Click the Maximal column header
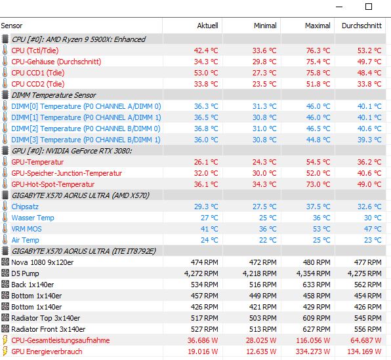[x=318, y=26]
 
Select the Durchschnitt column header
[x=361, y=26]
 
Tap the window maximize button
[x=369, y=7]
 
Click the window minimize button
[x=339, y=7]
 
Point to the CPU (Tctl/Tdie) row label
[x=35, y=50]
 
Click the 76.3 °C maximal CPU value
[x=318, y=50]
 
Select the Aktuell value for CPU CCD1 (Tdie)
[x=206, y=73]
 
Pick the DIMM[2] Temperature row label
[x=86, y=129]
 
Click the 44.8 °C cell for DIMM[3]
[x=318, y=140]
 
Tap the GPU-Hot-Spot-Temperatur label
[x=53, y=184]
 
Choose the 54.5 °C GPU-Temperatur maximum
[x=318, y=162]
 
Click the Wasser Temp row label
[x=33, y=218]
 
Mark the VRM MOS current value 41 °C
[x=209, y=229]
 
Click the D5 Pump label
[x=25, y=273]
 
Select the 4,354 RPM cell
[x=313, y=273]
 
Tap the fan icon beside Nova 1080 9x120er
[x=5, y=262]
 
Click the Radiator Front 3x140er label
[x=49, y=329]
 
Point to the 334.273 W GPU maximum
[x=313, y=351]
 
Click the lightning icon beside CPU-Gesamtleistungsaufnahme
[x=5, y=340]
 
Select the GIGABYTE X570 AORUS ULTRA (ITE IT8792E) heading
[x=84, y=251]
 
